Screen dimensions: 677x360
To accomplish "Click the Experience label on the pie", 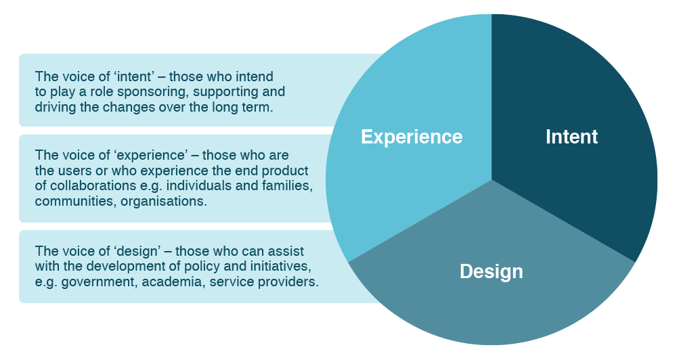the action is [412, 137].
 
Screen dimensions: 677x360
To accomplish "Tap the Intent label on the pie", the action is [571, 137].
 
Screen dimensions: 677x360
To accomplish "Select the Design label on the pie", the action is [492, 272].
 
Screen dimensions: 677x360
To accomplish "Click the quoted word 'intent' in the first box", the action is [134, 76].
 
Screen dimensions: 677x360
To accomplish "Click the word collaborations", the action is [93, 185].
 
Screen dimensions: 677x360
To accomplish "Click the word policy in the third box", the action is [202, 267].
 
